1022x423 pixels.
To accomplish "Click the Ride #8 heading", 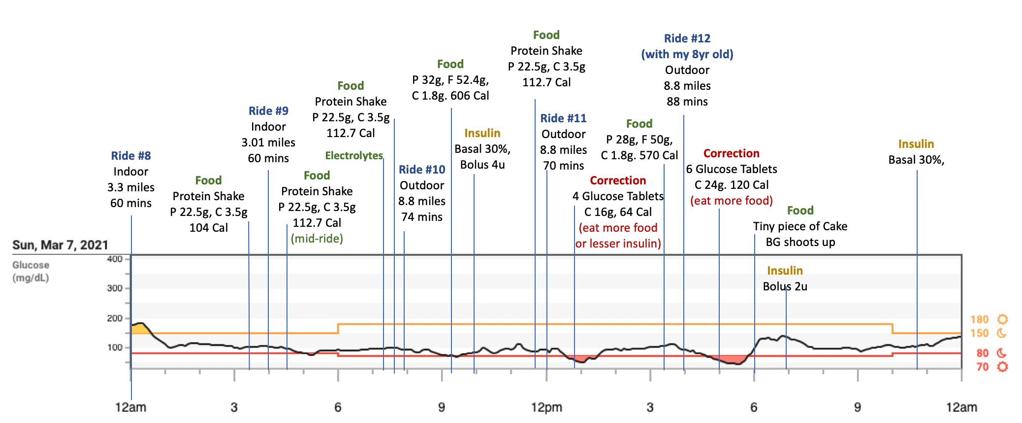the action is coord(131,156).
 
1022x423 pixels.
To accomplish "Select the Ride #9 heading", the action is coord(268,111).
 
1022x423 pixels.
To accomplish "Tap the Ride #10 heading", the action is coord(422,170).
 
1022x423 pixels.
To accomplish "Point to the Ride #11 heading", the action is coord(563,118).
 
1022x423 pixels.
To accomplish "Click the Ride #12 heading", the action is coord(687,38).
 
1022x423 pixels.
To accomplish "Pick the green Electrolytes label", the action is coord(354,156).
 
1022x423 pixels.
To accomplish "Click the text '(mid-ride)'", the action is coord(317,239).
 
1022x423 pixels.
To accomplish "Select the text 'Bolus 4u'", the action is coord(482,165).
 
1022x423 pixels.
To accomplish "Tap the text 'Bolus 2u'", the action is coord(785,286).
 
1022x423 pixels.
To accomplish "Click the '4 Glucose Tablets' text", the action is coord(618,196).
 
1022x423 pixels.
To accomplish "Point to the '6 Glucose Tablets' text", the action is coord(732,169).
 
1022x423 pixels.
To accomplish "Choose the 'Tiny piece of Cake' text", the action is coord(800,226).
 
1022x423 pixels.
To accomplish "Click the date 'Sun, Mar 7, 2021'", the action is coord(60,245).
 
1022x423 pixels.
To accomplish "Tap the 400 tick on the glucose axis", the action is coord(115,259).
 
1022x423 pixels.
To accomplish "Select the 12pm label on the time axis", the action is coord(546,407).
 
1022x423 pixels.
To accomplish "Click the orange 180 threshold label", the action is coord(979,319).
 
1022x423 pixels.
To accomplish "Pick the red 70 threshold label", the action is coord(983,367).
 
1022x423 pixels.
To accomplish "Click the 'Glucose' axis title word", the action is coord(31,265).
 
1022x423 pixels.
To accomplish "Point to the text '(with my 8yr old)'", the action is coord(687,54).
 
